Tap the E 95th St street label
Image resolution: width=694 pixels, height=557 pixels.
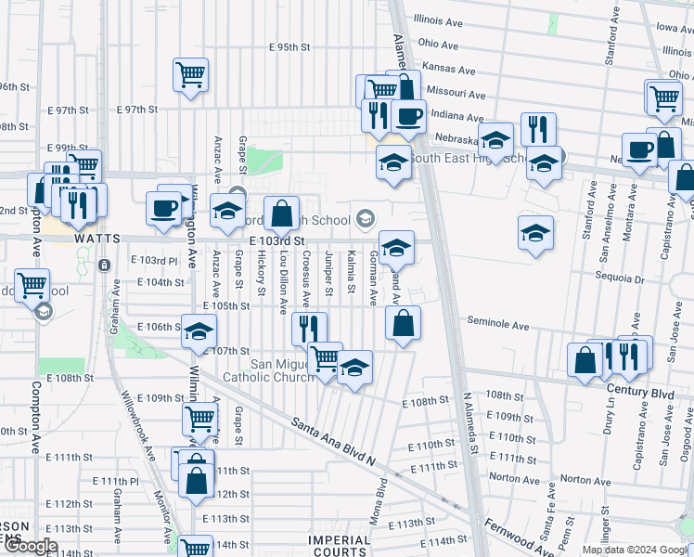[289, 46]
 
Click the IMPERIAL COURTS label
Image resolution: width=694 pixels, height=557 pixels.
[339, 546]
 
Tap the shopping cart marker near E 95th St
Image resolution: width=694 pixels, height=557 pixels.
[190, 73]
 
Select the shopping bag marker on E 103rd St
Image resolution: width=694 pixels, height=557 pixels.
[281, 214]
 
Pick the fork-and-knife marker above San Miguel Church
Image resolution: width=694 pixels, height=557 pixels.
[309, 329]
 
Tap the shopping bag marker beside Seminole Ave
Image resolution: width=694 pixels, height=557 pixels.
[403, 324]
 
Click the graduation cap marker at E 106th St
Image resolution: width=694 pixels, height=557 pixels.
[199, 331]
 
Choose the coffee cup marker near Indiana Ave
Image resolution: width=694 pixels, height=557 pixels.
[408, 117]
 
